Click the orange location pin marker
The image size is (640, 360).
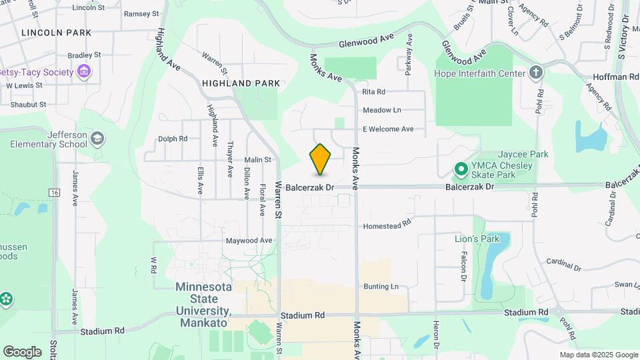pos(321,159)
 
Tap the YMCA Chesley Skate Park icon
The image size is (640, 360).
pos(460,169)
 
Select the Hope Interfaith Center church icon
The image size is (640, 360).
pos(536,72)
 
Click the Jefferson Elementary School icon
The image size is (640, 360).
pos(97,139)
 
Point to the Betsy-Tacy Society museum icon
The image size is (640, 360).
pos(84,71)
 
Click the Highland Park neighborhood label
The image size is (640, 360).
pos(241,83)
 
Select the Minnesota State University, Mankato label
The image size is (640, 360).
pos(203,304)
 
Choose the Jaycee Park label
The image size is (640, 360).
pos(526,154)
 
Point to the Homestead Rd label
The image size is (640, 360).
pos(387,226)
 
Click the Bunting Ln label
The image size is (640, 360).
pos(381,286)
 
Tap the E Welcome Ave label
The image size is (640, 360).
pos(388,129)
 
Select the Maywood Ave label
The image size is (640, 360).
pos(249,240)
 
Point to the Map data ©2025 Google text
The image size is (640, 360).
pos(597,355)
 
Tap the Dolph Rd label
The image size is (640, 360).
pos(173,139)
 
